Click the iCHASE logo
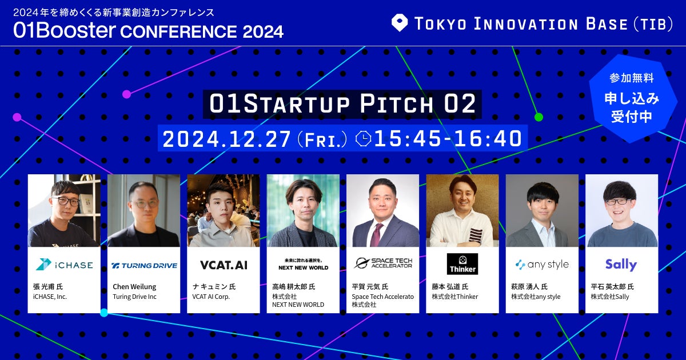tap(64, 265)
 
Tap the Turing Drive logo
tap(144, 265)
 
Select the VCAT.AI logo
tap(224, 265)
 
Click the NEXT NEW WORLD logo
tap(303, 264)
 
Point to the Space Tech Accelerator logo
tap(383, 263)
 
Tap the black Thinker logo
tap(462, 263)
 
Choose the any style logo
tap(542, 265)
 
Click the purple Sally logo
tap(621, 265)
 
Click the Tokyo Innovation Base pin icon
tap(400, 23)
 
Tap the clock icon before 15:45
tap(363, 139)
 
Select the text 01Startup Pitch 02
tap(342, 104)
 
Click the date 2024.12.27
tap(226, 139)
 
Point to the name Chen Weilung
tap(134, 287)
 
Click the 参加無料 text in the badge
tap(632, 78)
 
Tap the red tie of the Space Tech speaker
tap(376, 235)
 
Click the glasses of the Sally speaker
tap(619, 202)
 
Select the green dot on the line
tap(539, 117)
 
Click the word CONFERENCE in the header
tap(178, 32)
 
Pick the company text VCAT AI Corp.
tap(211, 297)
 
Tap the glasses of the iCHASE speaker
tap(65, 201)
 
